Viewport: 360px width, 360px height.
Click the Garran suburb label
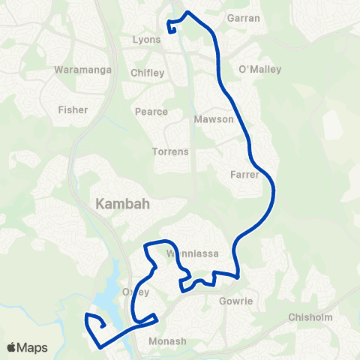(244, 17)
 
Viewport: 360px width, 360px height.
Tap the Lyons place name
(146, 40)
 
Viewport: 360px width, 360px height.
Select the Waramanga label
(83, 70)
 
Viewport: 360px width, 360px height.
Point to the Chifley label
(146, 73)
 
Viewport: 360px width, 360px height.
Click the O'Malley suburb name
(259, 70)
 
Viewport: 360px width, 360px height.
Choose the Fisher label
(73, 109)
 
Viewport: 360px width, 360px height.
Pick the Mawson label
(214, 119)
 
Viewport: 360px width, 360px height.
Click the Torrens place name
(170, 151)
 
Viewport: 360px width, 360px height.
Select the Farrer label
(245, 175)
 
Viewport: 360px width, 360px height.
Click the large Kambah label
(123, 203)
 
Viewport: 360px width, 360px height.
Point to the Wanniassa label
(193, 253)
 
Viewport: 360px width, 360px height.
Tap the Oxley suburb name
(136, 292)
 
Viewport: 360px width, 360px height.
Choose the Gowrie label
(237, 301)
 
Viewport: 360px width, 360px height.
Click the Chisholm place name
(310, 317)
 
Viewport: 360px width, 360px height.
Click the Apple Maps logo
(27, 347)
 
